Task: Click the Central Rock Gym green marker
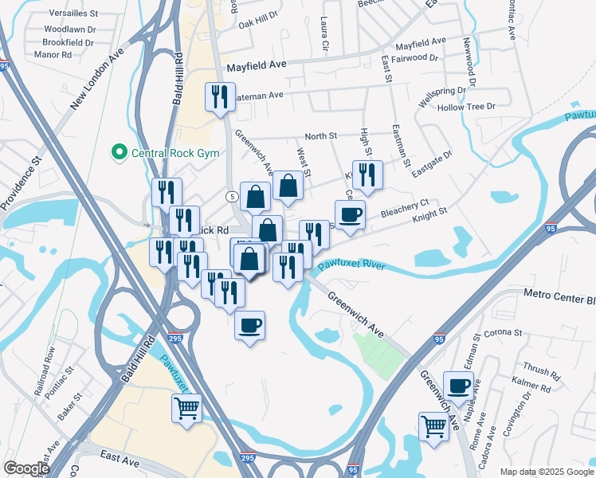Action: point(119,151)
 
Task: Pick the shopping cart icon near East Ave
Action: point(186,409)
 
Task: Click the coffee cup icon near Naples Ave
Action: point(458,386)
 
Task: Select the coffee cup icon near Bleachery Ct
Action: point(350,214)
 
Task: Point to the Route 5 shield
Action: point(230,195)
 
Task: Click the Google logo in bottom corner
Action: point(26,468)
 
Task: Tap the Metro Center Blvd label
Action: point(559,296)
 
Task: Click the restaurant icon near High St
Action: point(367,175)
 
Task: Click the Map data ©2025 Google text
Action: point(547,472)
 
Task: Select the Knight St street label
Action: point(430,213)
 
